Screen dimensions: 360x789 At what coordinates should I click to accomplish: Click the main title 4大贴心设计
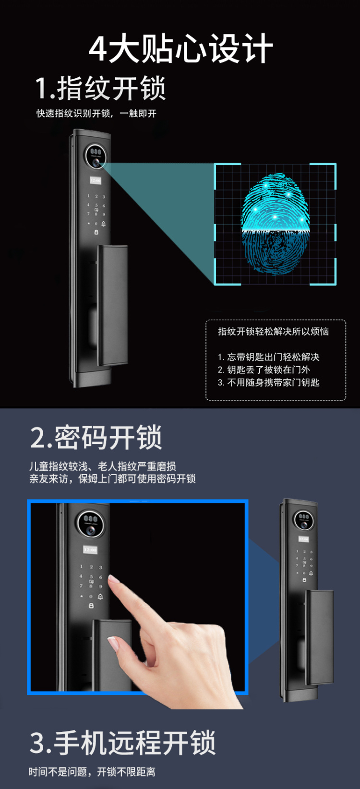[180, 48]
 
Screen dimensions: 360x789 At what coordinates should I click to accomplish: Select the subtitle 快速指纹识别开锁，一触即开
[96, 113]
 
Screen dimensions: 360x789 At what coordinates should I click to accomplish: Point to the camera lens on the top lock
[96, 163]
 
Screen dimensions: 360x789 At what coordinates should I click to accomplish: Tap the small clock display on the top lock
[96, 180]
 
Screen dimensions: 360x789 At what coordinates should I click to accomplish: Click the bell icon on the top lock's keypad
[104, 224]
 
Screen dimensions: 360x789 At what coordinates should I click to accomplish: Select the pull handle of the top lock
[113, 306]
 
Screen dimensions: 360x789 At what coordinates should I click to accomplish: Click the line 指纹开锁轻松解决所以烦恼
[273, 332]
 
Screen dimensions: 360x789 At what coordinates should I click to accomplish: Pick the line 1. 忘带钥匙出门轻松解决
[268, 357]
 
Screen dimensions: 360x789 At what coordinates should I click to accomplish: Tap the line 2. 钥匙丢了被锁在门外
[264, 370]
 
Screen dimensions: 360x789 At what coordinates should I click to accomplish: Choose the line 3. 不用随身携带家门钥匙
[268, 383]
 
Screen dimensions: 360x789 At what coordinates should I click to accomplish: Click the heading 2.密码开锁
[96, 438]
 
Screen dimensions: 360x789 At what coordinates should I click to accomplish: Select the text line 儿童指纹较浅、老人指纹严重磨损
[103, 466]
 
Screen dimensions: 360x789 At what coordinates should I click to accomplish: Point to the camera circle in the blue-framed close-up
[91, 524]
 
